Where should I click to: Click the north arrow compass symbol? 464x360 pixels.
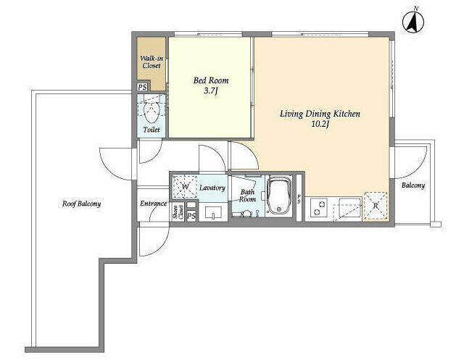pos(413,21)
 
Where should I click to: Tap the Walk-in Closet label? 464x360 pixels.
pos(152,62)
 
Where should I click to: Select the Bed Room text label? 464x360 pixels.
pos(211,80)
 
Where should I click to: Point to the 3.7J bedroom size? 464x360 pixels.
pos(211,91)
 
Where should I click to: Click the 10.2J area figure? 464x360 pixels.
pos(320,124)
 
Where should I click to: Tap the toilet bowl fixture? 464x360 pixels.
pos(152,112)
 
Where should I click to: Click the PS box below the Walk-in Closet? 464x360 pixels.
pos(142,88)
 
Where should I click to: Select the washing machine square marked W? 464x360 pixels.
pos(185,187)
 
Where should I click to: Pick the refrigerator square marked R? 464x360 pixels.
pos(376,206)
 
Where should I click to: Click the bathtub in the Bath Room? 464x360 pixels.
pos(279,195)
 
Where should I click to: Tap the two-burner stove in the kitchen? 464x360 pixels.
pos(319,207)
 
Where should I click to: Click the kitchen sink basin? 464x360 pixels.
pos(350,206)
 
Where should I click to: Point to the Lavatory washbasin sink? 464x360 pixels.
pos(213,212)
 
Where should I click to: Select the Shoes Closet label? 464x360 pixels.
pos(178,212)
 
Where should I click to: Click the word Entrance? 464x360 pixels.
pos(153,204)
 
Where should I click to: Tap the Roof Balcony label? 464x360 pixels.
pos(81,204)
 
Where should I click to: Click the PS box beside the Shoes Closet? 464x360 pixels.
pos(191,216)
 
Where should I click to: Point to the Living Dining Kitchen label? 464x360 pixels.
pos(320,114)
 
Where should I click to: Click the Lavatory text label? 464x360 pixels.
pos(212,188)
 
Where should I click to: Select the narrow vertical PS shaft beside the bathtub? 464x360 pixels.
pos(299,198)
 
